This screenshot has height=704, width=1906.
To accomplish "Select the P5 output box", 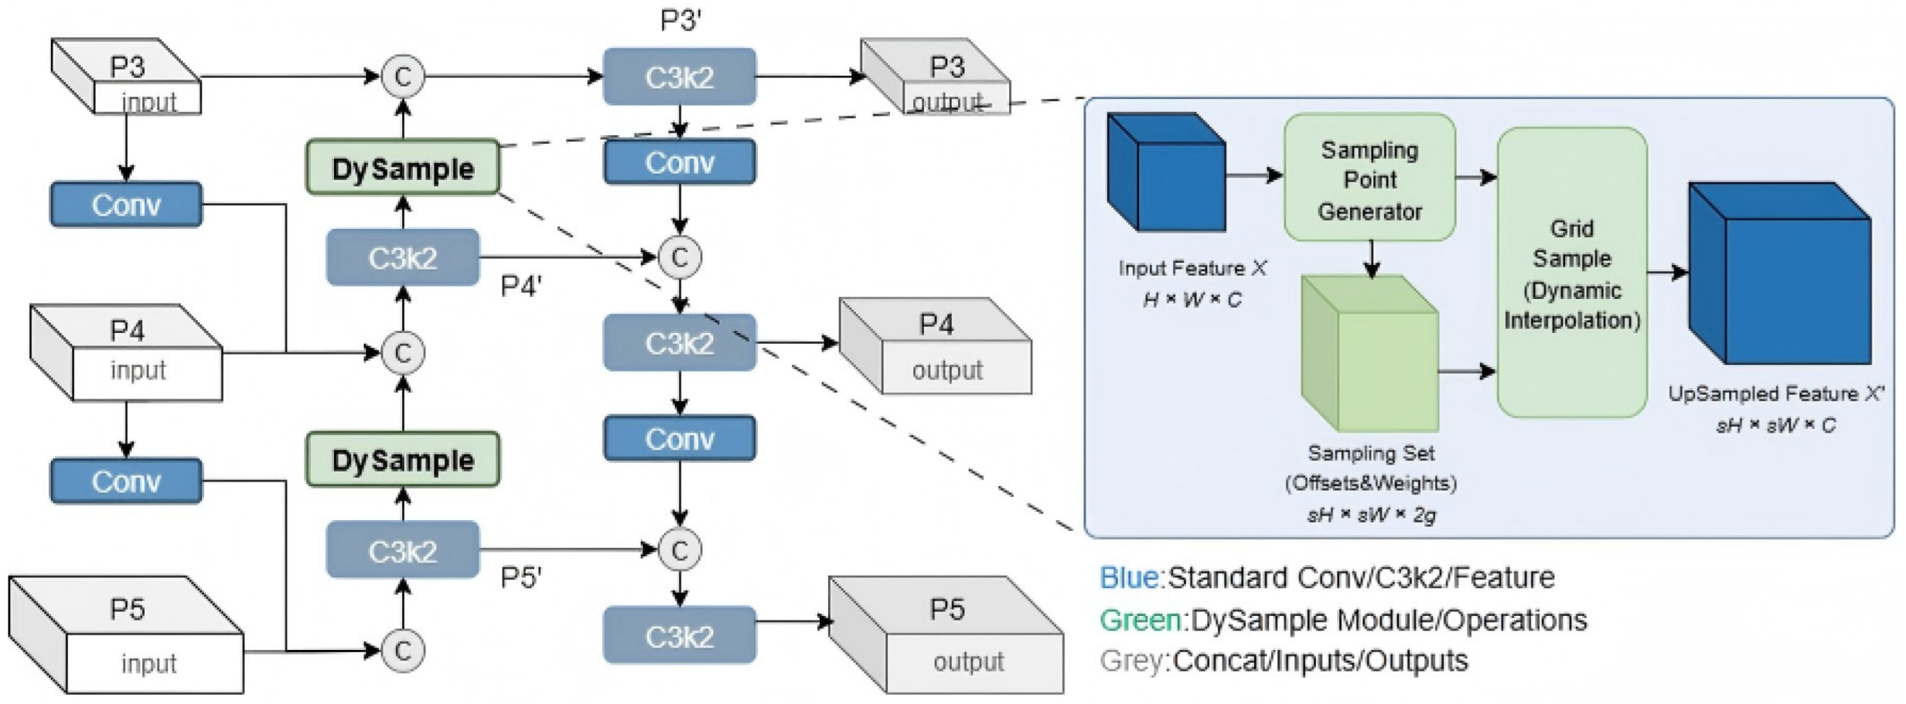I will (947, 636).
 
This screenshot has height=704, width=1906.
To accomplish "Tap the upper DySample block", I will (403, 168).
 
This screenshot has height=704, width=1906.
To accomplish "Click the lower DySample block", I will (403, 460).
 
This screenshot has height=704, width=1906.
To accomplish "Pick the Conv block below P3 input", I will (126, 205).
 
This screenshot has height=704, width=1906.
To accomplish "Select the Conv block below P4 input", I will (126, 481).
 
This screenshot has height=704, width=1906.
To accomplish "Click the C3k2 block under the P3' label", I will (679, 77).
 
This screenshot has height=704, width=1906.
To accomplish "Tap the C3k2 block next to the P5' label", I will (403, 550).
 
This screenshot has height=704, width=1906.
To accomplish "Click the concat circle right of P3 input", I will (403, 77).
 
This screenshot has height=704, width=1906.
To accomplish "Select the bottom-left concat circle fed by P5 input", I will (403, 651).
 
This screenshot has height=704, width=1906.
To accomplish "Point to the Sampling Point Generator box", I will (1369, 179).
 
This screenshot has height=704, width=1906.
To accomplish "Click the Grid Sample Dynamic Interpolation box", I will (1571, 273).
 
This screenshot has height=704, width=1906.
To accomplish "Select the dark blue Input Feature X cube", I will (1166, 174).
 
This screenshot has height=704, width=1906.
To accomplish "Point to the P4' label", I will (521, 287).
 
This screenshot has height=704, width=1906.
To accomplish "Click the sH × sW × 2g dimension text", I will (1371, 515).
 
